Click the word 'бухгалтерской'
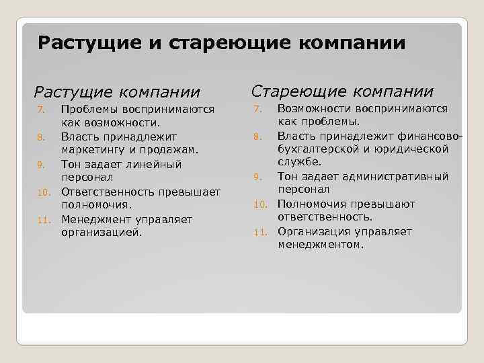click(x=318, y=149)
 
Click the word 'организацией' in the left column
click(x=102, y=233)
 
